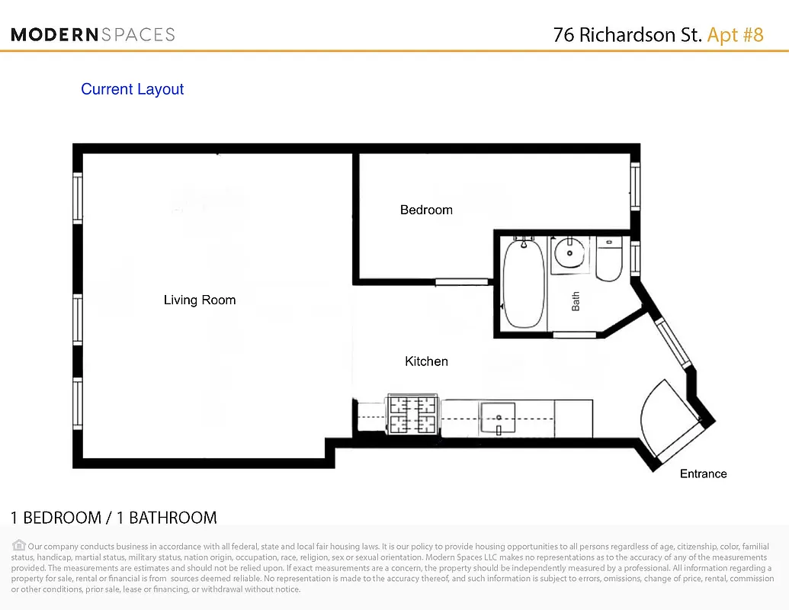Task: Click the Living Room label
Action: pos(200,300)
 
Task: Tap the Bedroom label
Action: pos(426,210)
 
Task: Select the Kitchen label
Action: pos(426,361)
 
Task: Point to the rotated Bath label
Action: pos(576,301)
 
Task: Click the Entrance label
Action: pos(703,474)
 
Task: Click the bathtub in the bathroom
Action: pos(524,284)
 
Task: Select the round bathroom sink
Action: pos(569,253)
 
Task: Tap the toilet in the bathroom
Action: pos(608,260)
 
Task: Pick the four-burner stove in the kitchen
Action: pos(412,416)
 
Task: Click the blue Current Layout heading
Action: pos(133,89)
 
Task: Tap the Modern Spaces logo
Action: pos(93,34)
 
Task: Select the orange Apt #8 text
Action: pos(735,35)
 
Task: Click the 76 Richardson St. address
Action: pos(627,35)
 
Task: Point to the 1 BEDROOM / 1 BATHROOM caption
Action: pos(114,518)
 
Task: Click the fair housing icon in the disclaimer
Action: pos(19,545)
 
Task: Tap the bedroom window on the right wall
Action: pos(634,187)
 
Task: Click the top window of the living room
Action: pos(77,198)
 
